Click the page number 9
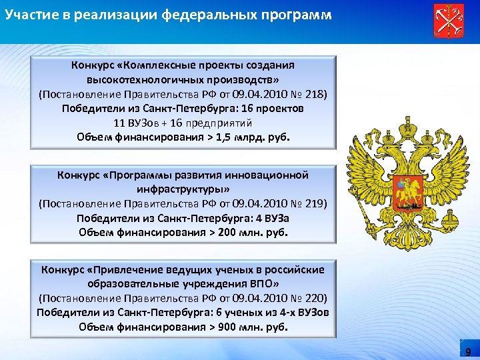pyautogui.click(x=468, y=352)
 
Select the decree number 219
pyautogui.click(x=316, y=203)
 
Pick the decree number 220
pyautogui.click(x=316, y=298)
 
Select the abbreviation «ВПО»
pyautogui.click(x=265, y=283)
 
